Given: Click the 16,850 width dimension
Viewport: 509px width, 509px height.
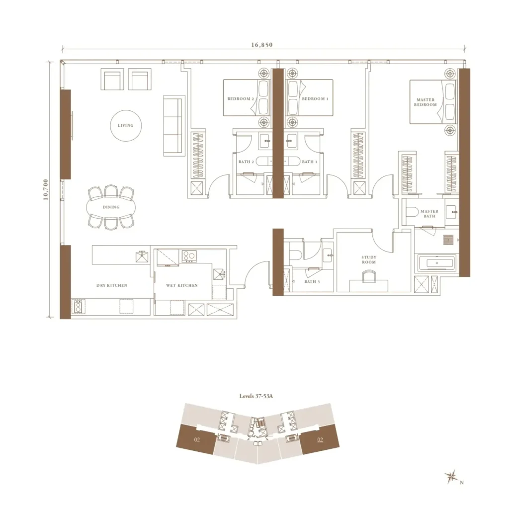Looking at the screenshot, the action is (261, 45).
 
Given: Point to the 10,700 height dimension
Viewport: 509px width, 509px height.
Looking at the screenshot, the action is (45, 189).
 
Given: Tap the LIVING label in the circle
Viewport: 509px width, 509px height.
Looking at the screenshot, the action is (126, 125).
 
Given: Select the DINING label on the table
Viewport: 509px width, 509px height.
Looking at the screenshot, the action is (111, 207).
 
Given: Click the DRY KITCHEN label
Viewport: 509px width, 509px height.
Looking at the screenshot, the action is (112, 285).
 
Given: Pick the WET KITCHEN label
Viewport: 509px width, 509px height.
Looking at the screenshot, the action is (182, 285).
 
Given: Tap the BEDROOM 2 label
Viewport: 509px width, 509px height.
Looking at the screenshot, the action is (241, 99).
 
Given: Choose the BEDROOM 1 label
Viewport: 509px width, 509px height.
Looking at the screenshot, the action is (315, 99).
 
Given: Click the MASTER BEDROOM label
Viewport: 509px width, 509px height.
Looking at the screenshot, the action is (425, 102).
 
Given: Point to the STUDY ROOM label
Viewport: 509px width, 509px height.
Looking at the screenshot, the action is (369, 259).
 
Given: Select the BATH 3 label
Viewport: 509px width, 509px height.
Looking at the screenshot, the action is (312, 281).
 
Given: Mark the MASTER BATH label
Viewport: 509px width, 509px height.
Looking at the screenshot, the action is (429, 214).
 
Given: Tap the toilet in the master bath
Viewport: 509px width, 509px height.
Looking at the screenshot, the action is (412, 212).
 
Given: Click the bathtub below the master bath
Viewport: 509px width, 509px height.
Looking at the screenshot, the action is (436, 263).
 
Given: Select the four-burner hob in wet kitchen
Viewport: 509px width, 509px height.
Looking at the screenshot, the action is (189, 256).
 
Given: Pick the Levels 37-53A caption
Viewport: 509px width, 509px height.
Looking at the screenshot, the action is (256, 396).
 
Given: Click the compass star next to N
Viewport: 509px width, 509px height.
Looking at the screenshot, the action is (451, 477).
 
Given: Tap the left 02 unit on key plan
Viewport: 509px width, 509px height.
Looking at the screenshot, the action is (196, 440).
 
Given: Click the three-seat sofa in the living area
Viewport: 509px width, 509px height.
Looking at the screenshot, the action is (174, 125).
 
